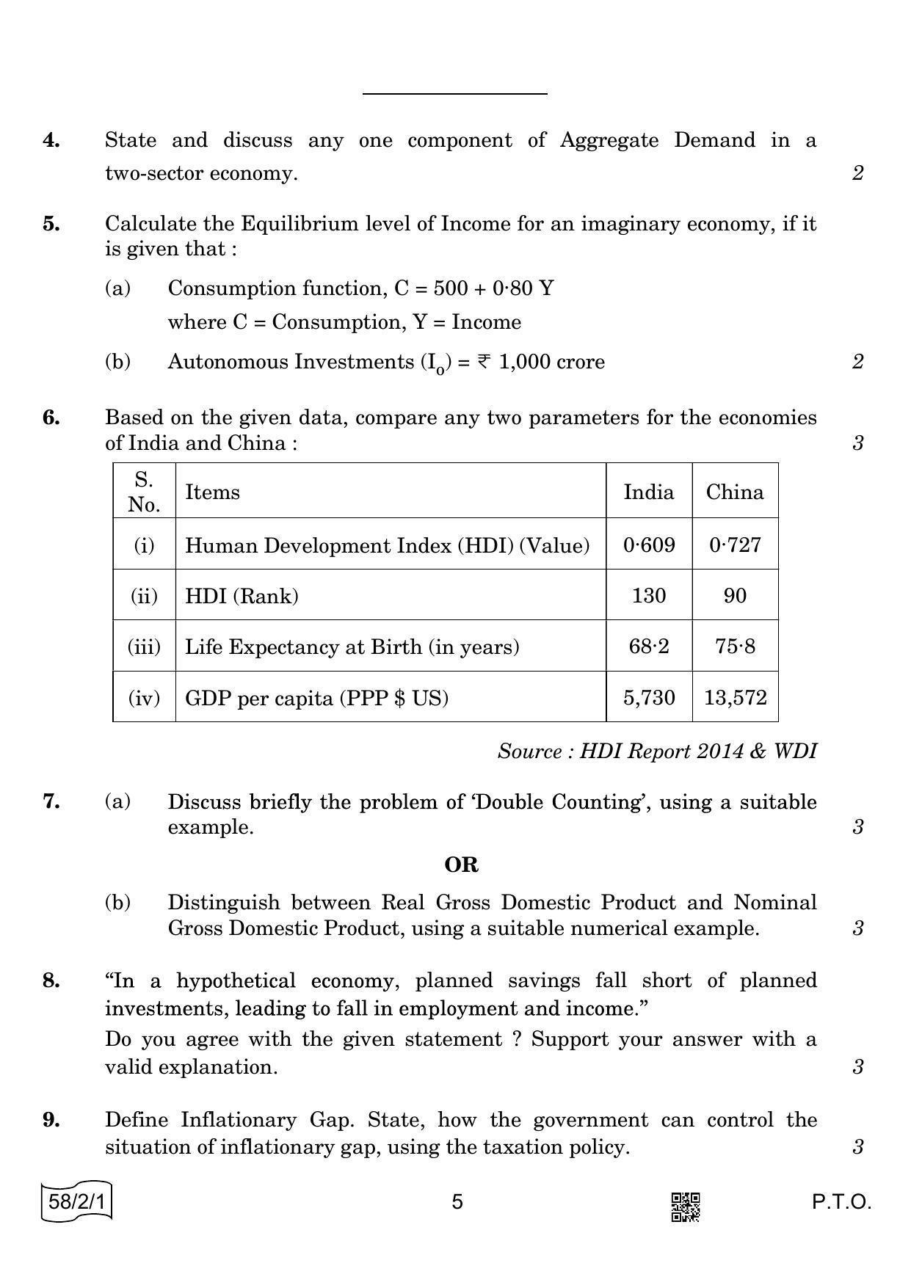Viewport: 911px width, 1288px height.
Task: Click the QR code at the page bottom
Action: [x=685, y=1207]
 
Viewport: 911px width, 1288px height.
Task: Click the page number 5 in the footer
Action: [x=457, y=1202]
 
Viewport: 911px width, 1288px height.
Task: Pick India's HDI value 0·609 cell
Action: [x=649, y=545]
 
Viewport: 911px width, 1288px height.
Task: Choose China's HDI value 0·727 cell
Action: [x=735, y=545]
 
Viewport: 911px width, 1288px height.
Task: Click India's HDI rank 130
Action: [x=649, y=595]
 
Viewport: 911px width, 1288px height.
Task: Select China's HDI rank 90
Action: [x=735, y=595]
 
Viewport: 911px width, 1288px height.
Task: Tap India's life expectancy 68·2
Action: [x=649, y=647]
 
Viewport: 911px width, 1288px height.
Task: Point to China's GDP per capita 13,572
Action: [x=735, y=697]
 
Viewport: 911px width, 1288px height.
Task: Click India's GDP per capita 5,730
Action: [x=649, y=697]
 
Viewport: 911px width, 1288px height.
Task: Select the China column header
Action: [x=735, y=492]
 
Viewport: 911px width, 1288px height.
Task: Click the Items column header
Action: [x=212, y=492]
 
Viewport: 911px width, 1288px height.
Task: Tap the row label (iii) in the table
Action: [x=144, y=647]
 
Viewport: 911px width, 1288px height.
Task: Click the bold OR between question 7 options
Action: [x=461, y=865]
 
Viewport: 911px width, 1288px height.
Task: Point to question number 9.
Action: [x=51, y=1120]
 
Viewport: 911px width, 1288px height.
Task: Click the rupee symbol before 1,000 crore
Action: [x=484, y=361]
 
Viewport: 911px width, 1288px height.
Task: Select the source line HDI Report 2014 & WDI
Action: [x=656, y=752]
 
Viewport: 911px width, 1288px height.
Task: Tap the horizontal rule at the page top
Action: [x=455, y=94]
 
